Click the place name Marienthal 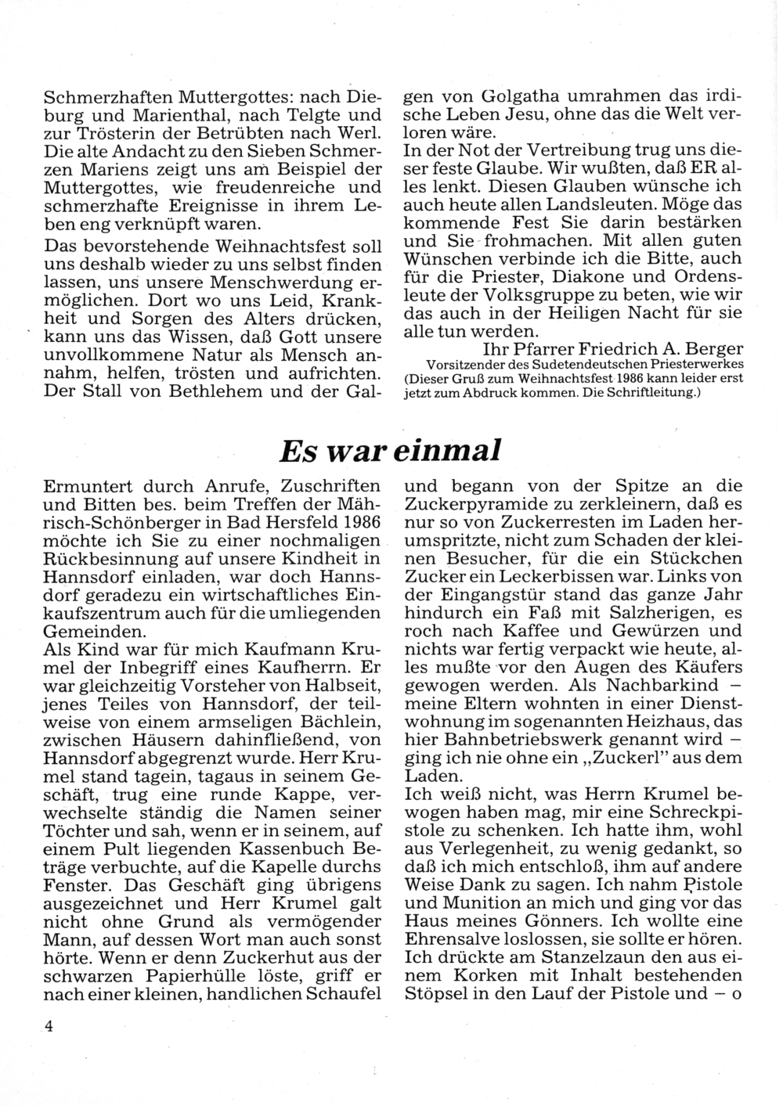point(169,116)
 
